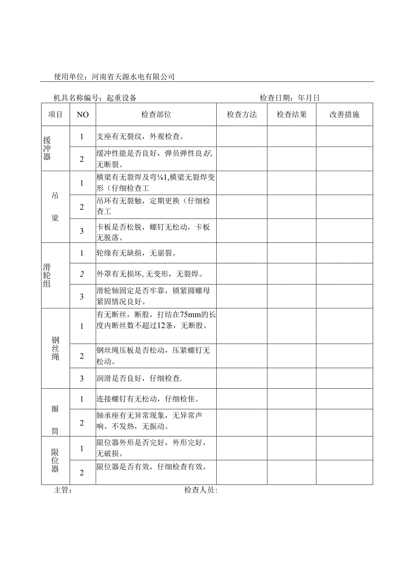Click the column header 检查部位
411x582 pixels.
coord(156,115)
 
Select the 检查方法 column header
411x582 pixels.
coord(242,115)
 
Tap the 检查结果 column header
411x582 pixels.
coord(292,115)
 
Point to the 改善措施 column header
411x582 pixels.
coord(344,115)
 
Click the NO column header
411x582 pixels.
coord(83,115)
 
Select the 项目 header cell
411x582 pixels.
coord(55,115)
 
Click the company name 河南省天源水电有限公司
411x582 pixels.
coord(133,76)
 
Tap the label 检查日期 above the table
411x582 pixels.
coord(277,98)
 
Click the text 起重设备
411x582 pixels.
coord(122,98)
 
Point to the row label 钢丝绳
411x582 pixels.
coord(55,348)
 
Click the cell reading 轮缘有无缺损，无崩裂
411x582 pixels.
coord(136,253)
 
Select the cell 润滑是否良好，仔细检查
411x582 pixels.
coord(139,378)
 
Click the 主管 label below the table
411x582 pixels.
coord(63,490)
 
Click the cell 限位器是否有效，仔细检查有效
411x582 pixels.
coord(151,467)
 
